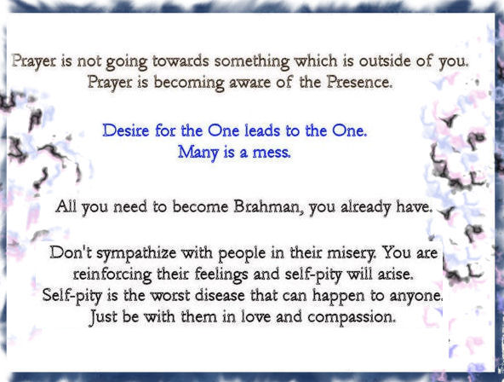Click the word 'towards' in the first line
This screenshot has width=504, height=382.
pos(180,61)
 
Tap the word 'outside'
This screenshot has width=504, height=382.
pos(385,61)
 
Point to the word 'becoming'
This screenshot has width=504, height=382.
pos(189,83)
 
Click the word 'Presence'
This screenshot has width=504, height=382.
pos(359,82)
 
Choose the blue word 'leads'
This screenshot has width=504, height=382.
pos(258,130)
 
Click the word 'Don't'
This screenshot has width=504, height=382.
pos(71,252)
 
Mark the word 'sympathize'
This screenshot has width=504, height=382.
pos(136,253)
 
